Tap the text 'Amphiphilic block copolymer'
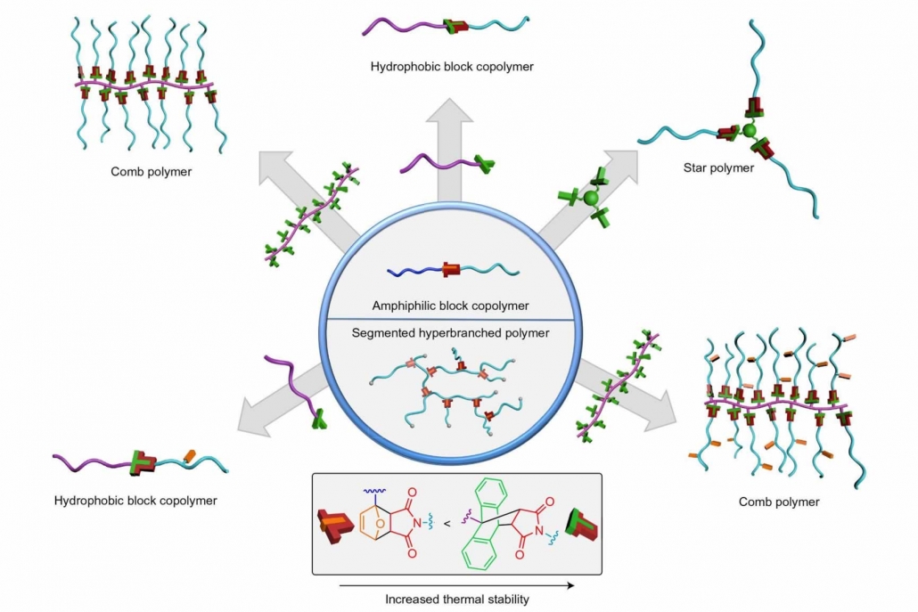(x=451, y=306)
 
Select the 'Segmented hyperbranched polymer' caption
(x=452, y=334)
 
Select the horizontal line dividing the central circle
(x=451, y=319)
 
